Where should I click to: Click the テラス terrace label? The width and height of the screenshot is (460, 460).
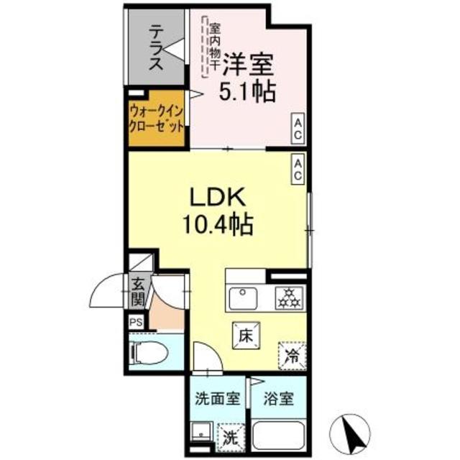(x=155, y=47)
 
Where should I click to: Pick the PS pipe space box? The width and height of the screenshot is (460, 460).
(x=136, y=323)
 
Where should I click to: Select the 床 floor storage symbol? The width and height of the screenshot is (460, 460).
(x=244, y=334)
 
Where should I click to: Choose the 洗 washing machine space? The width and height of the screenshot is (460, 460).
(x=229, y=435)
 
